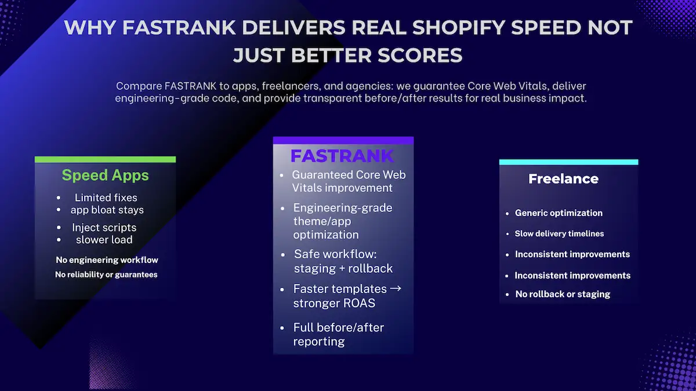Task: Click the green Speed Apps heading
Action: pos(105,175)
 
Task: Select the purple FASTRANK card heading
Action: pos(342,156)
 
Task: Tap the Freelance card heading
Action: pos(563,179)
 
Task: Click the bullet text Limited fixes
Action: pos(106,198)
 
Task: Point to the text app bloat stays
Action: pos(108,210)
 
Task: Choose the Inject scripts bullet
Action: pos(104,228)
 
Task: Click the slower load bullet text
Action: pos(104,240)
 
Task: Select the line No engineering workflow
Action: pos(107,260)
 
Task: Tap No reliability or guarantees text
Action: pos(106,275)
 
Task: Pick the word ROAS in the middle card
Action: pos(360,303)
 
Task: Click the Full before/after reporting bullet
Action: pos(339,334)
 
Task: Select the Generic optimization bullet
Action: pos(559,213)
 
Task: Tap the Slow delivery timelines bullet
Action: pos(559,234)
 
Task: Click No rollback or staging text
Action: pos(563,294)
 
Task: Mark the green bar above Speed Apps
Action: pos(105,159)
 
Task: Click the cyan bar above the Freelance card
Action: pos(568,162)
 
